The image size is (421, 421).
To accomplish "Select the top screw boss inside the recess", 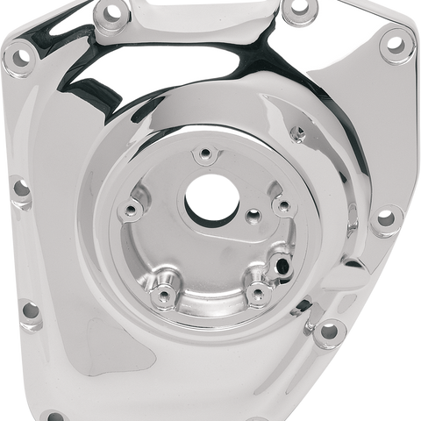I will point(205,156).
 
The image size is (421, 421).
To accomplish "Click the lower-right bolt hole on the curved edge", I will point(330,331).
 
